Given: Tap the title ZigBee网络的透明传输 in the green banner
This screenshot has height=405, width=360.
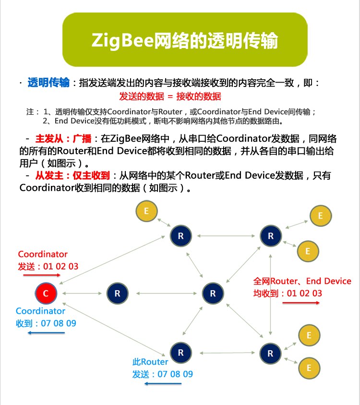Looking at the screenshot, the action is [185, 41].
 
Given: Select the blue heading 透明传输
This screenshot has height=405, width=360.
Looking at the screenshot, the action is [48, 83].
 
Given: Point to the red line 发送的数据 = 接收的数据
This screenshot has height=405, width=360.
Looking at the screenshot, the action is [170, 96].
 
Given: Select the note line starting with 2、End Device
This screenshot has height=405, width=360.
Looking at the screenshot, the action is [163, 121].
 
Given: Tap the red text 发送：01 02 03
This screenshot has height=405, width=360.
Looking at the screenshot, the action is [48, 266].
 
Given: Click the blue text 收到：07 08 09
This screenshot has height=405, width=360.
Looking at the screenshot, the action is [46, 323].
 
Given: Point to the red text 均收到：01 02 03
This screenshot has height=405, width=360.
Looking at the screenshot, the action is [288, 293].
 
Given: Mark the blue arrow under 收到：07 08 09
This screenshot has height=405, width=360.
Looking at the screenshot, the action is [46, 332].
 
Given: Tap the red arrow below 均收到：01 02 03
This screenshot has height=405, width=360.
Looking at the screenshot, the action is [304, 303].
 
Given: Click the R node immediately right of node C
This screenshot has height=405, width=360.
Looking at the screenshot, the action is [117, 293].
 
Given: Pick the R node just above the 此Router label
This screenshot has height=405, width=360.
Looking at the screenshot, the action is [180, 353].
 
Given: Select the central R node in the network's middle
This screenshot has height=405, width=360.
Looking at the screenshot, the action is [213, 293].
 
